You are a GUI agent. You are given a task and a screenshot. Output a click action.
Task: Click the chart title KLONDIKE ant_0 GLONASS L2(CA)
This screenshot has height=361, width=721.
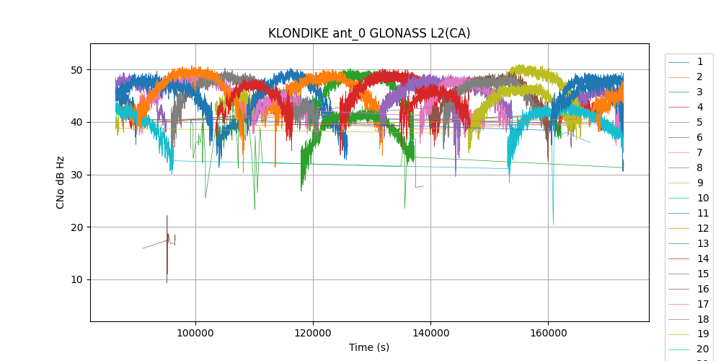point(369,33)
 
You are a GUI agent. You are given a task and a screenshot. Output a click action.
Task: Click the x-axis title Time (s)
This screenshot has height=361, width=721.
point(369,347)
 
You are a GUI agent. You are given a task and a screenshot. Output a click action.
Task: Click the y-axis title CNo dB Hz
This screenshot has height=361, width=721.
point(61,182)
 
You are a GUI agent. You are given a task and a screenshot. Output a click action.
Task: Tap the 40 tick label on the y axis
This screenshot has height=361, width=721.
point(76,122)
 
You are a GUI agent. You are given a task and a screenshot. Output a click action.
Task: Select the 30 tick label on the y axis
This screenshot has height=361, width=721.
point(76,175)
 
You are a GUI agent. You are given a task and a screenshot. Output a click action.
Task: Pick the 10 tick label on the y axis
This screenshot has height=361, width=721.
point(76,280)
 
